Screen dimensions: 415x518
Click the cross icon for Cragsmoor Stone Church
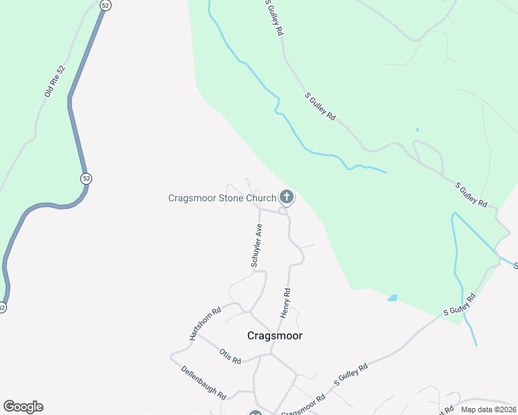pos(286,198)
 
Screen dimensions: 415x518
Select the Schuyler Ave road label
pos(256,246)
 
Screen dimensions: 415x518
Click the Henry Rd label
pos(285,304)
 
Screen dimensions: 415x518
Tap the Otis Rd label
pos(230,356)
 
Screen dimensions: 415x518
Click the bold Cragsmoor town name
pos(275,335)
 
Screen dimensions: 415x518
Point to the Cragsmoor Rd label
pos(304,404)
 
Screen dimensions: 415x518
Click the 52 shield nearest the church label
pos(86,178)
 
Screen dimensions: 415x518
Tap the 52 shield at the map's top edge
pos(105,4)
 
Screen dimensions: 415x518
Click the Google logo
pos(23,407)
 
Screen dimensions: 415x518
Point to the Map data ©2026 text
pos(488,409)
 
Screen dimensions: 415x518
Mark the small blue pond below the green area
pos(393,298)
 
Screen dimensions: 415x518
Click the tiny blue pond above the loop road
pos(417,129)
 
